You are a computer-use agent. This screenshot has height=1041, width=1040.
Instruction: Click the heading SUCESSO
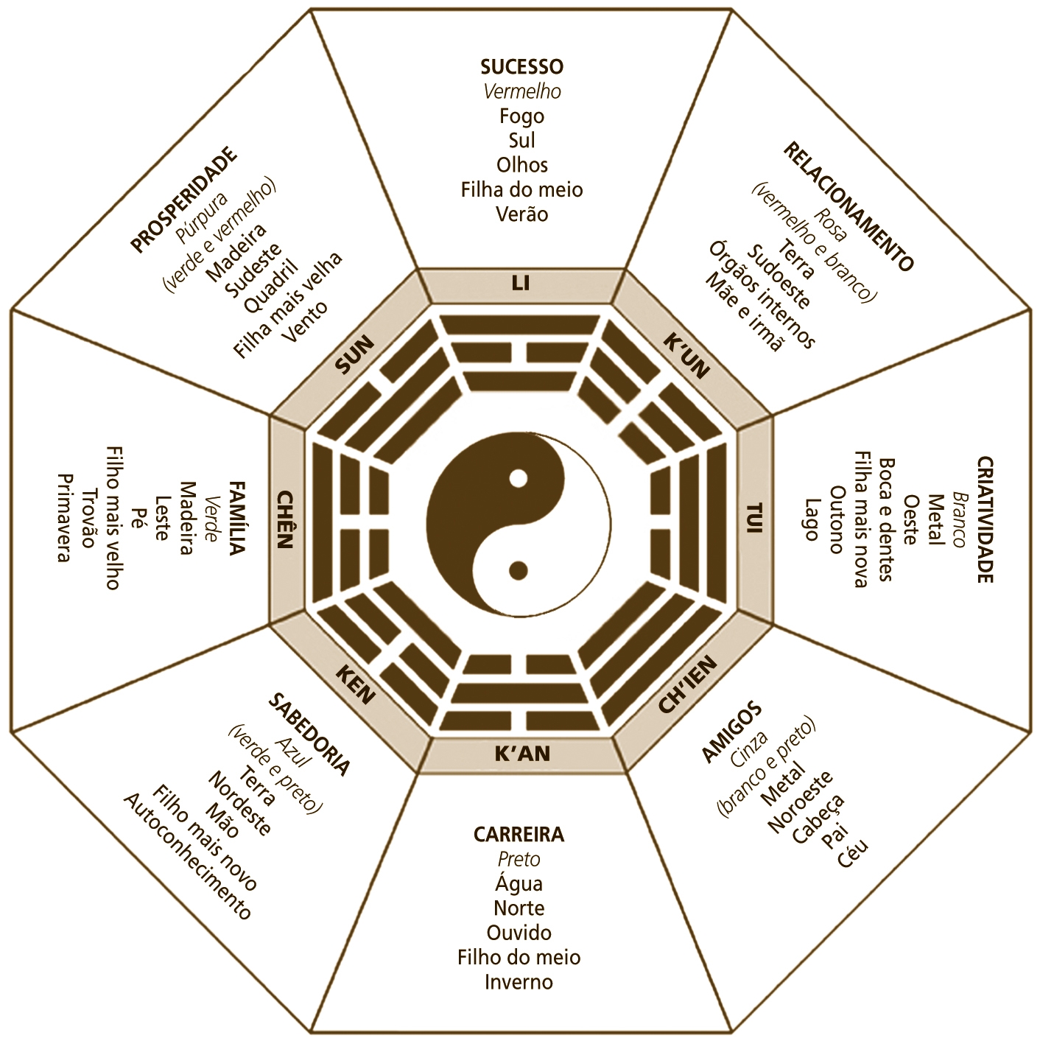pos(521,67)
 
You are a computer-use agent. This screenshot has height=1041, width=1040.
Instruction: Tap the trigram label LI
pos(521,283)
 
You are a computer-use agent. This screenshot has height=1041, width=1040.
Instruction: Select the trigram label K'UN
pos(686,355)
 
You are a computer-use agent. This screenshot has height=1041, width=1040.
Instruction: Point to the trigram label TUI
pos(756,518)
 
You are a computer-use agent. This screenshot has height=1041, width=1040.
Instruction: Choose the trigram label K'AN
pos(521,754)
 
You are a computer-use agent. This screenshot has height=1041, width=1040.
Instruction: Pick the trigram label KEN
pos(356,684)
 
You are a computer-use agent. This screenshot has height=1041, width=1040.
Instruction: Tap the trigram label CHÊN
pos(285,519)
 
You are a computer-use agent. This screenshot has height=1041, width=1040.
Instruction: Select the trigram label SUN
pos(355,354)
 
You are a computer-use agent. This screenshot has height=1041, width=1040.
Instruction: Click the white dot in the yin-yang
pos(519,478)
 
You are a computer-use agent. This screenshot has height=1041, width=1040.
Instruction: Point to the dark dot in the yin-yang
pos(519,569)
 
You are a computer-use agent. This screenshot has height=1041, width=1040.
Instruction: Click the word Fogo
pos(521,116)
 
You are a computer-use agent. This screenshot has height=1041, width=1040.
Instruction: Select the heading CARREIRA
pos(519,835)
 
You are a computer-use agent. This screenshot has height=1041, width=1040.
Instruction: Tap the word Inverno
pos(519,982)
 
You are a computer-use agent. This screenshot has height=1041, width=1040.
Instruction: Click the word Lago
pos(811,519)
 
